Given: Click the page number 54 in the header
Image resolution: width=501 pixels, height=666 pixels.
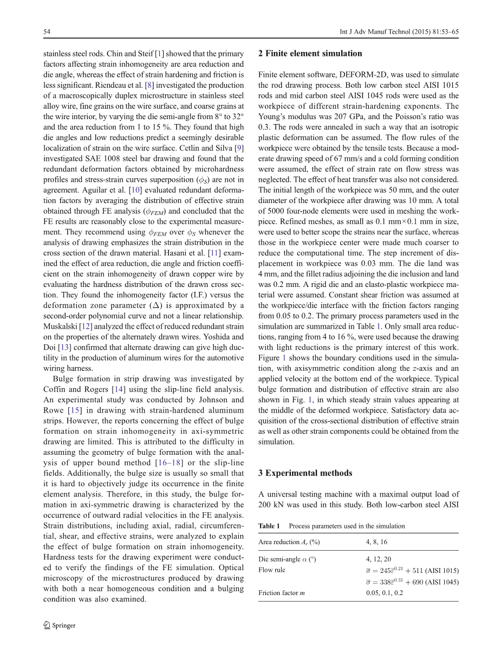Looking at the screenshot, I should click(47, 32).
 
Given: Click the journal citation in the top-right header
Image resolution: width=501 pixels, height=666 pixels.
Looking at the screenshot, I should click(395, 32).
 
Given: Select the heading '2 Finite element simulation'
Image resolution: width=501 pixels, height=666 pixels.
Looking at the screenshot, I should click(310, 53).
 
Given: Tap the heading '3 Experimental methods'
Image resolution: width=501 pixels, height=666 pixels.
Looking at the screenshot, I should click(305, 473).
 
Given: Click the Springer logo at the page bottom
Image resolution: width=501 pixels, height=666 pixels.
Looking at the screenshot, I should click(59, 625).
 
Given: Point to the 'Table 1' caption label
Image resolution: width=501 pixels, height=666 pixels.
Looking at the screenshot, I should click(269, 526).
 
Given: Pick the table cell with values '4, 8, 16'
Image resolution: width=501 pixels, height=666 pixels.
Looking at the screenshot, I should click(376, 542).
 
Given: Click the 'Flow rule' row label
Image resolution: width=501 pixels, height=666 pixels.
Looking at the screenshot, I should click(272, 570).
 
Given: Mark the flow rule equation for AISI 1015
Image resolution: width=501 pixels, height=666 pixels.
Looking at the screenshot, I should click(412, 571).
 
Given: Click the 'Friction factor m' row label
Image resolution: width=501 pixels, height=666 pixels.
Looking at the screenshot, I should click(282, 593).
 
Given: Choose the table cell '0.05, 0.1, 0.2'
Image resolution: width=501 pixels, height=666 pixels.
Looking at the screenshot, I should click(384, 593).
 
